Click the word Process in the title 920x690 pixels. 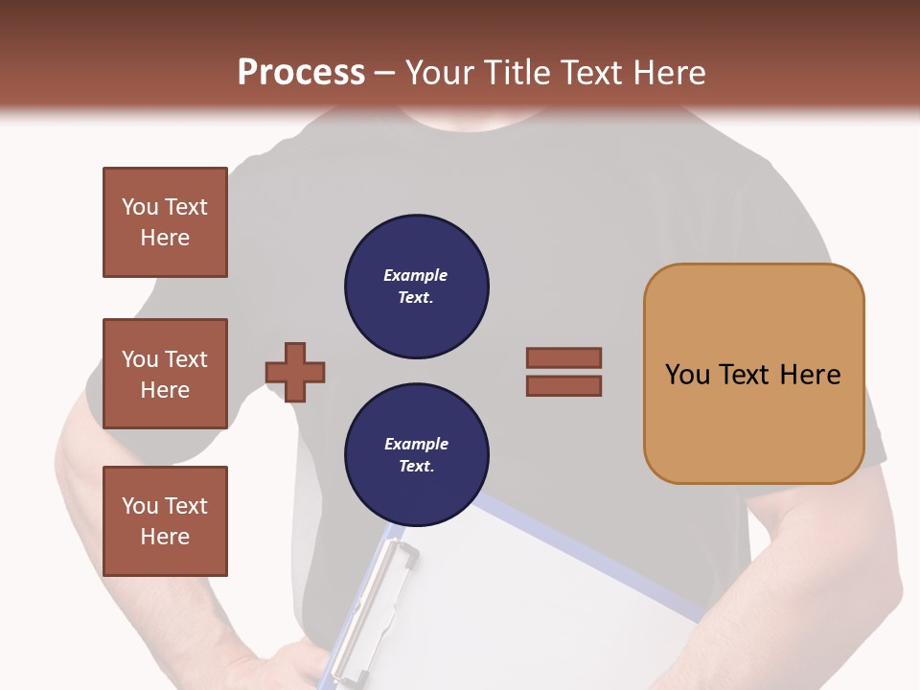point(301,73)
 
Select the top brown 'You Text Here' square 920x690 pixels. point(165,222)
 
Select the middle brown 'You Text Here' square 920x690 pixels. point(165,374)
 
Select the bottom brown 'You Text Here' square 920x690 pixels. point(165,520)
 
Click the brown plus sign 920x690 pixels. point(295,372)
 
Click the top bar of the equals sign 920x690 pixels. point(563,357)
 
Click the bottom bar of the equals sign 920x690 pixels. point(563,386)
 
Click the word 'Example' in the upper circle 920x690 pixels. point(416,275)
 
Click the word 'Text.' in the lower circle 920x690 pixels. point(416,467)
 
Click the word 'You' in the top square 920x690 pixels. point(140,207)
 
